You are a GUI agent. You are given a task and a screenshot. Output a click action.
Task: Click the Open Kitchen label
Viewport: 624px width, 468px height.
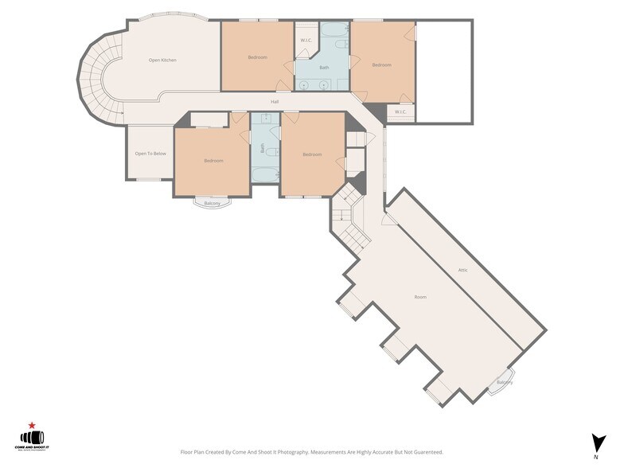pyautogui.click(x=162, y=60)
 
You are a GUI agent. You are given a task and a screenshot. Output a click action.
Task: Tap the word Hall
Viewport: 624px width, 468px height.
pyautogui.click(x=275, y=102)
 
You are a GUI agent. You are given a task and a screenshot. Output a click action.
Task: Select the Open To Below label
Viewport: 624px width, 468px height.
pyautogui.click(x=150, y=154)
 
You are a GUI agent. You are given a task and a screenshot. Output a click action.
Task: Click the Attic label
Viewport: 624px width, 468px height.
pyautogui.click(x=462, y=271)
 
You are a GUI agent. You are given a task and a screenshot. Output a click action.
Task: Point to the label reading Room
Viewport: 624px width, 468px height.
pyautogui.click(x=420, y=297)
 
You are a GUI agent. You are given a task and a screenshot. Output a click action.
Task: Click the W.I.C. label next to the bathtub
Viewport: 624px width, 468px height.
pyautogui.click(x=306, y=41)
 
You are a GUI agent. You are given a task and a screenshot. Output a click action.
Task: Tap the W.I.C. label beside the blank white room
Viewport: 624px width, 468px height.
pyautogui.click(x=400, y=111)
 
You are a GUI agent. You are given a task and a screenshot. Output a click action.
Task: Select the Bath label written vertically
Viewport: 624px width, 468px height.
pyautogui.click(x=263, y=148)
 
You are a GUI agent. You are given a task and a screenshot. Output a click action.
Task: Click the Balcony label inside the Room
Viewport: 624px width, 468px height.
pyautogui.click(x=505, y=382)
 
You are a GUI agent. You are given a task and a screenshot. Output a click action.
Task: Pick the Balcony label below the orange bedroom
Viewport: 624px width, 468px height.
pyautogui.click(x=212, y=204)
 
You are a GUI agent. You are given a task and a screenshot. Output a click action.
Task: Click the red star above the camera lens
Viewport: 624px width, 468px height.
pyautogui.click(x=32, y=425)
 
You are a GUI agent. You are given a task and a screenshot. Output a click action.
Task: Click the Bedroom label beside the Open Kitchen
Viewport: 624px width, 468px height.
pyautogui.click(x=257, y=57)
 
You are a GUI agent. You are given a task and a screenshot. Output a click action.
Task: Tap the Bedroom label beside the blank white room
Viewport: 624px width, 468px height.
pyautogui.click(x=382, y=65)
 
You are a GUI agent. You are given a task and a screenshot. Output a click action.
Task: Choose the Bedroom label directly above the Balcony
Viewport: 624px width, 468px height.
pyautogui.click(x=213, y=161)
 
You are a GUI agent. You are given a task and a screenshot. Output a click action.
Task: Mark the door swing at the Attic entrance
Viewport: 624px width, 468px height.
pyautogui.click(x=388, y=218)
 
